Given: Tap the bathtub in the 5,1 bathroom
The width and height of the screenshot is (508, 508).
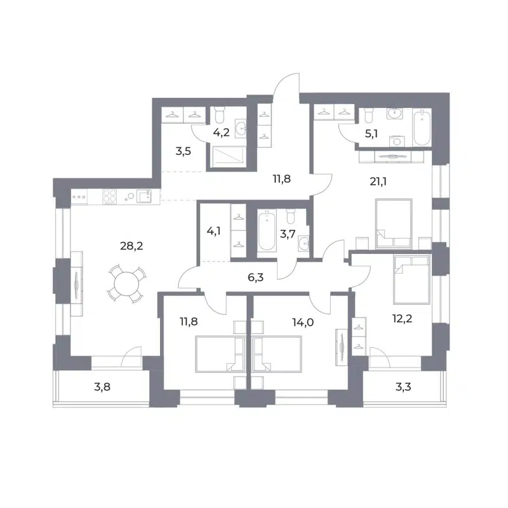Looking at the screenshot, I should [420, 129].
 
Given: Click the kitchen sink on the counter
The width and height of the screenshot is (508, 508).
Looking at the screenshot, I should [144, 196].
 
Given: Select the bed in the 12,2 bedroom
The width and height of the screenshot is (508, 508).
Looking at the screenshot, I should [410, 279].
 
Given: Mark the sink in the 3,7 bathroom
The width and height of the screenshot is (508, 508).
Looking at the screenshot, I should [304, 242].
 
